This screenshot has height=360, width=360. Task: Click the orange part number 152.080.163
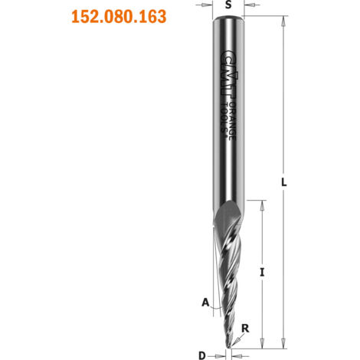click(119, 17)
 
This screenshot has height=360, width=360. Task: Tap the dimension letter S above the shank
click(228, 5)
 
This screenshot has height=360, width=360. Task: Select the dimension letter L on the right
click(283, 182)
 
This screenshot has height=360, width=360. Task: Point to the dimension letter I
click(262, 273)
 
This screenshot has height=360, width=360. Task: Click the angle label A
click(205, 303)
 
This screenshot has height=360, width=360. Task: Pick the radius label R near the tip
click(245, 329)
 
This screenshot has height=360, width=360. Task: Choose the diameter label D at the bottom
click(202, 355)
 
